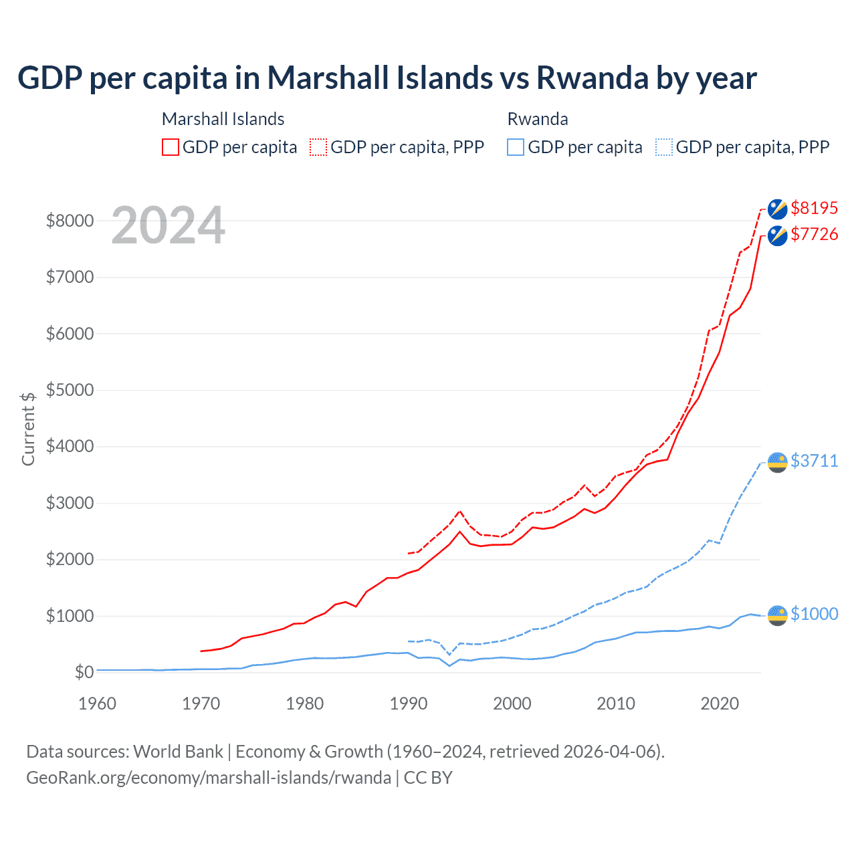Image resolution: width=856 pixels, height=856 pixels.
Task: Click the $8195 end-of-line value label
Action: [814, 208]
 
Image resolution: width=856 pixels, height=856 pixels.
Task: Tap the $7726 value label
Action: [814, 234]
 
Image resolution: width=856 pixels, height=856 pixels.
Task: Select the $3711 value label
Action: [814, 461]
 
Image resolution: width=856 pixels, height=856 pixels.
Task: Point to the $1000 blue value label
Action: [814, 614]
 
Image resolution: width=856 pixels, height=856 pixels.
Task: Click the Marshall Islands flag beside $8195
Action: [777, 209]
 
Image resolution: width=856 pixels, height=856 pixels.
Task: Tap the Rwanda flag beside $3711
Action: [777, 462]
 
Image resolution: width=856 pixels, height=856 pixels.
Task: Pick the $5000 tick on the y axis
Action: [70, 390]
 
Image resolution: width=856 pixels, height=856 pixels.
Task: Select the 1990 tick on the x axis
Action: [409, 704]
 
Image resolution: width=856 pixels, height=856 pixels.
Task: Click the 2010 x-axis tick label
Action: [616, 704]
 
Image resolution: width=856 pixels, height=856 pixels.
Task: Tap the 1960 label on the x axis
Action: [98, 704]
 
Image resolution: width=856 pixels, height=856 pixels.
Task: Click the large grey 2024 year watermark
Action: [168, 226]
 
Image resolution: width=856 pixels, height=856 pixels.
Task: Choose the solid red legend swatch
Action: [171, 147]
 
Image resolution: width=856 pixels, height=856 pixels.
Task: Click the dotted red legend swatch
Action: [318, 147]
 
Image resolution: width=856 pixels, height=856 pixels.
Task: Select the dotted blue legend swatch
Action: [664, 147]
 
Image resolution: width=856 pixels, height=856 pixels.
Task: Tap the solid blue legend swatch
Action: [516, 147]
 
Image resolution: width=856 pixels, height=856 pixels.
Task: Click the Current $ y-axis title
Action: [28, 429]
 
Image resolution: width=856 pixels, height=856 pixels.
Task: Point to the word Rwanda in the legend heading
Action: [538, 119]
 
